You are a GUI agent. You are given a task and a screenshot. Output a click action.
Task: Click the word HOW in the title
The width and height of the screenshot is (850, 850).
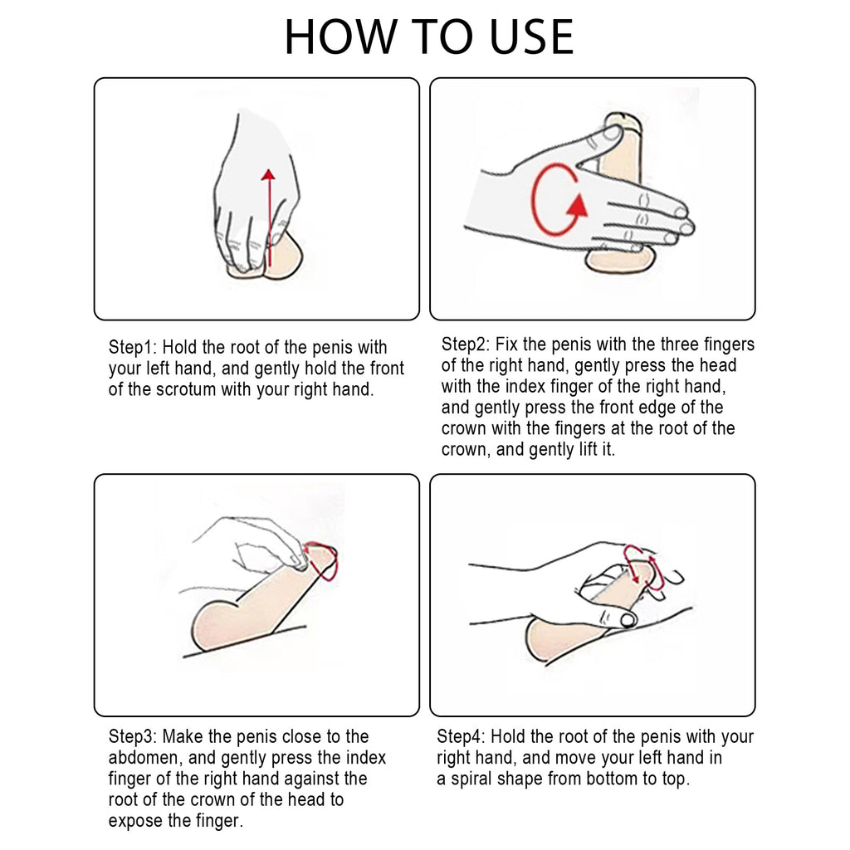tap(340, 37)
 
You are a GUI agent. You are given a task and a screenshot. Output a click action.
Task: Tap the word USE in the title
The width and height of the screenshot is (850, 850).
tap(531, 37)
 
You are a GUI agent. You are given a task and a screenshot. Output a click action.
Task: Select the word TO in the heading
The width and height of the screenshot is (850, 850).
tap(443, 37)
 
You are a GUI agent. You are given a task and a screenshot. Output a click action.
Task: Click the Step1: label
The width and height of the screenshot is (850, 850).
tap(133, 348)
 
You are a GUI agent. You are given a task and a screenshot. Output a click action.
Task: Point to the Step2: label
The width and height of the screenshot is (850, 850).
tap(466, 344)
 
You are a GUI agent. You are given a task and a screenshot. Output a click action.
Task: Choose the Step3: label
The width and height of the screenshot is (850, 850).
tap(133, 737)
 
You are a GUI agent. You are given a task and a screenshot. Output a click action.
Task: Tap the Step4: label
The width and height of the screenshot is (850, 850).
tap(462, 737)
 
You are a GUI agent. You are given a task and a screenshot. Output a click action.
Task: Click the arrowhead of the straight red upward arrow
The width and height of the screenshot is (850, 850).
tap(268, 174)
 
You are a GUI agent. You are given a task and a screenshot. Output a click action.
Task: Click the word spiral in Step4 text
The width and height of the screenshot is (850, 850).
tap(471, 779)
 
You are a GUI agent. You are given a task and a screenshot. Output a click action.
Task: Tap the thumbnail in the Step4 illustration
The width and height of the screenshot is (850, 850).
tap(629, 619)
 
